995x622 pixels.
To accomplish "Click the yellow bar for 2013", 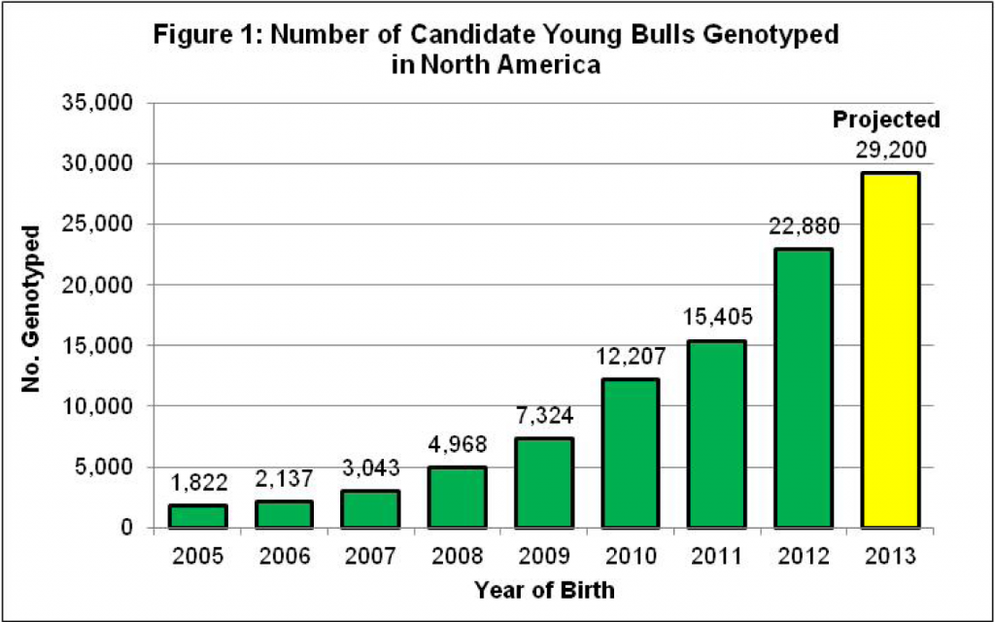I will pos(889,350).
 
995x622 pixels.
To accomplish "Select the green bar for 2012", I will pos(803,389).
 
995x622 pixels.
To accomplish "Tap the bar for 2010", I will pos(629,453).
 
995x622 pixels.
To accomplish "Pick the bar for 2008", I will pos(457,497).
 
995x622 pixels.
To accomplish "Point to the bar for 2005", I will pos(197,516).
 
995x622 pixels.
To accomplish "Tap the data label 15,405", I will pos(716,317).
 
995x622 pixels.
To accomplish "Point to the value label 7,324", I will pos(543,415).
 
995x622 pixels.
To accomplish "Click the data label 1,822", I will pos(197,482).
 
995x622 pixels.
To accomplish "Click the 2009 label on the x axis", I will pos(543,557).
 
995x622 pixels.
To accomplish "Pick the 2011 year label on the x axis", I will pos(716,557).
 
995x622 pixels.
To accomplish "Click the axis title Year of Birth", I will pos(543,589).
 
